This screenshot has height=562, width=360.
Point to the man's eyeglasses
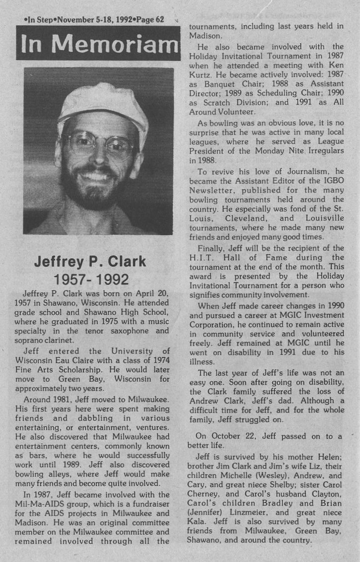[99, 145]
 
